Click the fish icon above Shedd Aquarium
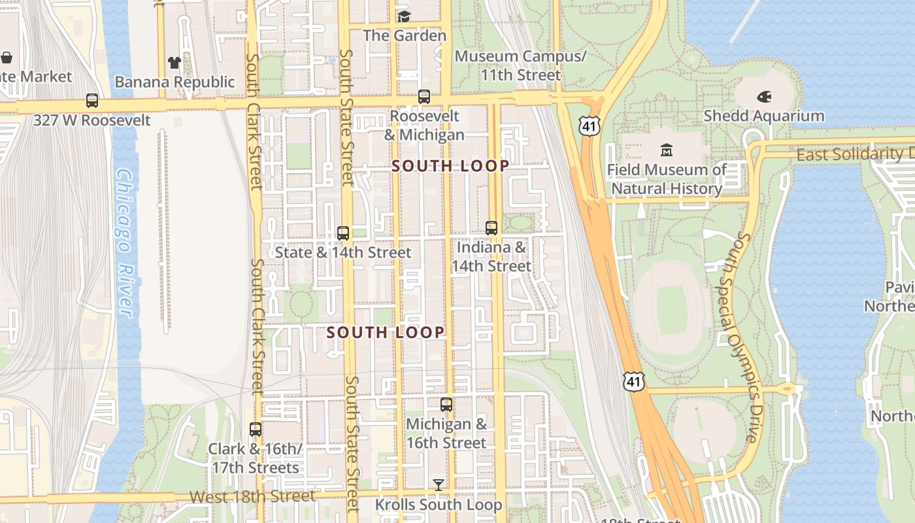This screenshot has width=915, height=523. [x=763, y=97]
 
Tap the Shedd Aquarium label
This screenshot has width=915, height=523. [x=763, y=116]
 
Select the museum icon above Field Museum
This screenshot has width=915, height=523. [x=667, y=150]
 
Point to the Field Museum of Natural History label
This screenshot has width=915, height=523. [x=667, y=179]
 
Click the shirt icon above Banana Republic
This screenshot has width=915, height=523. [x=174, y=63]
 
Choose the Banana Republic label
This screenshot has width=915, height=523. [x=175, y=82]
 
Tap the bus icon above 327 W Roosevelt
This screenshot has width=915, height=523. [x=92, y=101]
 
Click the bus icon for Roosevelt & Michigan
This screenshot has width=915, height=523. [x=424, y=97]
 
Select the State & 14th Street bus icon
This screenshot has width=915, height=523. [x=343, y=233]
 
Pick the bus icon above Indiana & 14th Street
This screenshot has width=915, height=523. [x=491, y=228]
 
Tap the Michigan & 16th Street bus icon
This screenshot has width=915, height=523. [x=446, y=405]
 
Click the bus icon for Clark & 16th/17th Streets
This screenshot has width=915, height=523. [x=256, y=430]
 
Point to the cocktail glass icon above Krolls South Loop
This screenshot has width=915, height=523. [x=439, y=484]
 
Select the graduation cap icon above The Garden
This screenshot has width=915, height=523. [x=404, y=16]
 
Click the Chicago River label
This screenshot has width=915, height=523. [x=124, y=242]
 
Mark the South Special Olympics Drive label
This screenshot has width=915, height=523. [x=746, y=337]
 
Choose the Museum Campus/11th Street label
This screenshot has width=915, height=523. [x=520, y=65]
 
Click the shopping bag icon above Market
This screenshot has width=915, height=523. [x=7, y=58]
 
